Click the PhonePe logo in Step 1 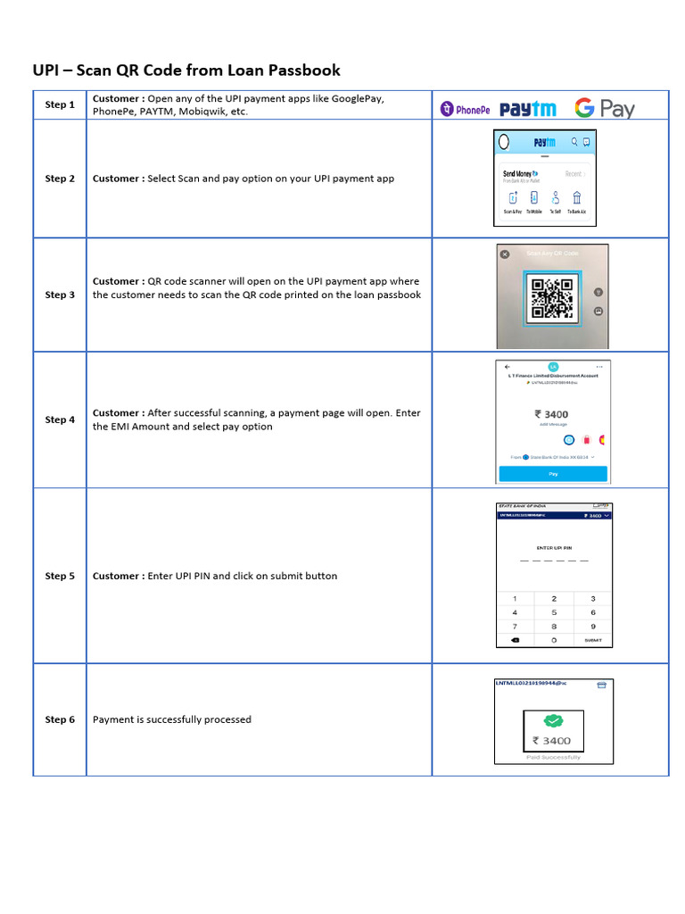[465, 109]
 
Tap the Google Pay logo [604, 108]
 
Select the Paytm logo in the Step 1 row [527, 109]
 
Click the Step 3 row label [60, 295]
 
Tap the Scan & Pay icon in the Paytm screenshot [513, 200]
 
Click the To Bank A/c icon [577, 200]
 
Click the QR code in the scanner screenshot [551, 298]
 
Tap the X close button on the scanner [505, 254]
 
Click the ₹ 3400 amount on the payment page [551, 414]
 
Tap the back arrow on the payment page [508, 367]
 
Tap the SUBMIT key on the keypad [592, 640]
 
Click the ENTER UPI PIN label [554, 547]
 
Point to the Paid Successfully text [553, 757]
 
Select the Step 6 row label [60, 719]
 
